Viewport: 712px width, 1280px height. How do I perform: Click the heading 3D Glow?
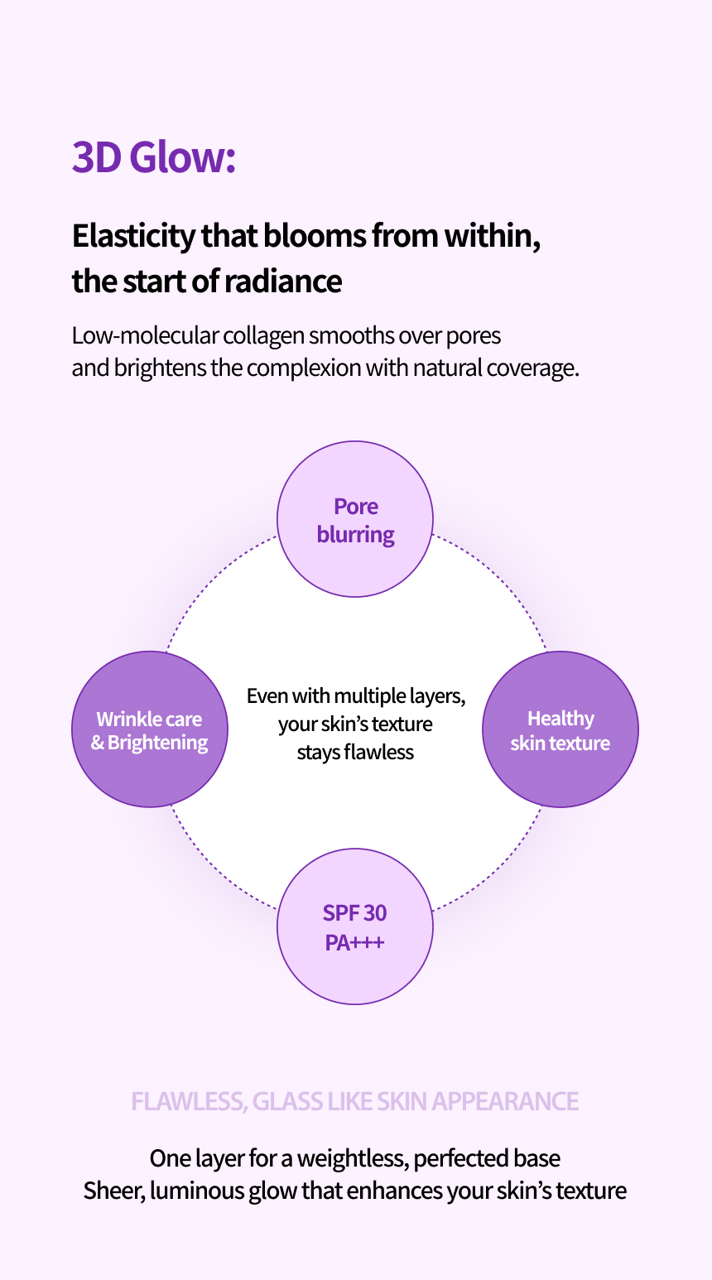[154, 156]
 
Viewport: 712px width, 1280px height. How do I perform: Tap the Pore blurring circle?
[355, 519]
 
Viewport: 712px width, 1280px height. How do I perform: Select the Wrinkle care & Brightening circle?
[150, 729]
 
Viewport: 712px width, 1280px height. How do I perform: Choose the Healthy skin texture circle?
[560, 729]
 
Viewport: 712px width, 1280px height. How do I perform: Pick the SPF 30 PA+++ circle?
[355, 926]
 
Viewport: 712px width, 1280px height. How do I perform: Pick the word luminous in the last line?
[188, 1191]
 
